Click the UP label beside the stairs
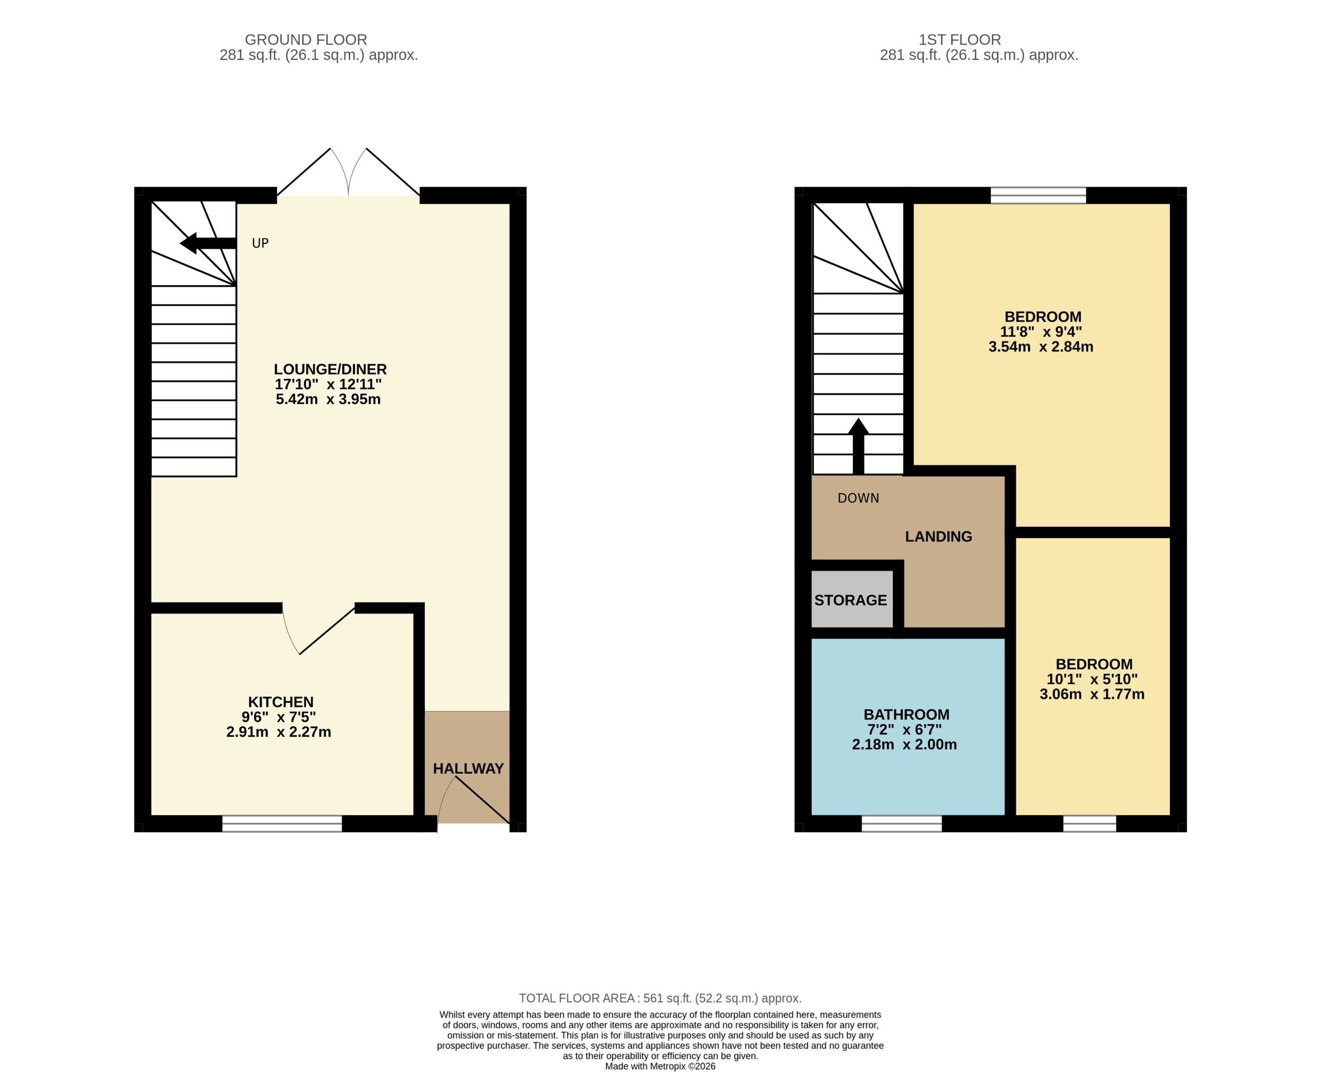(x=260, y=243)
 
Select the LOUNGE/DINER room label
(x=330, y=369)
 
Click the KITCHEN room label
(x=280, y=702)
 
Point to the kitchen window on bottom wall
(x=282, y=824)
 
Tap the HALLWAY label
(x=468, y=769)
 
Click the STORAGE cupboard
(x=851, y=600)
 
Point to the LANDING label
(x=938, y=536)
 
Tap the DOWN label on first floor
(x=858, y=498)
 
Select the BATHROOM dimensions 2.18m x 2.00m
(x=904, y=745)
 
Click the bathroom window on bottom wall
(x=901, y=824)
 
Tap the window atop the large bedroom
(x=1038, y=195)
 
